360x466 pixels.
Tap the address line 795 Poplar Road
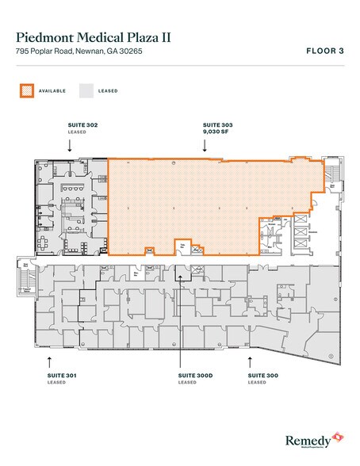coord(80,52)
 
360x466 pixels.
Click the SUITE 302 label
coord(70,125)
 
